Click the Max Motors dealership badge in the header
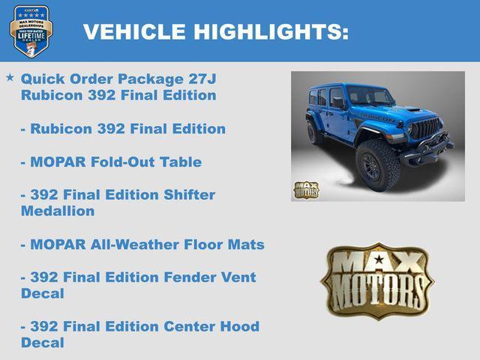tap(31, 31)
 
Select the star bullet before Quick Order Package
tap(10, 77)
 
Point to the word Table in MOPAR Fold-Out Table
tap(181, 161)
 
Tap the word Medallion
tap(58, 211)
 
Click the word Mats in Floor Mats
tap(247, 244)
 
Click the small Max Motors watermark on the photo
tap(305, 190)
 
